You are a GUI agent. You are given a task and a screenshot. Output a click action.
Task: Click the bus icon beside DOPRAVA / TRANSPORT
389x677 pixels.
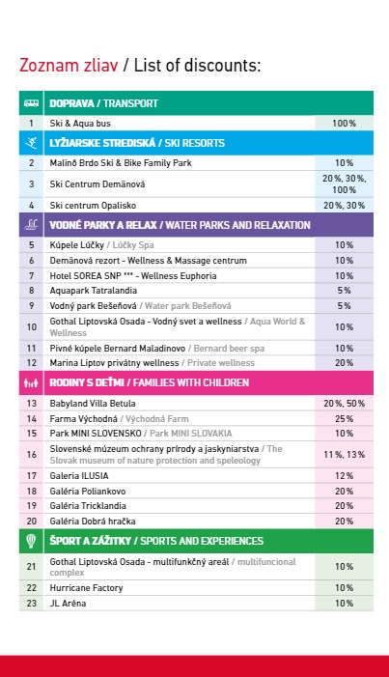[x=31, y=103]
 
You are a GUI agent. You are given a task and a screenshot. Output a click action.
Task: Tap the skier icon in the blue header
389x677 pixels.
[x=31, y=143]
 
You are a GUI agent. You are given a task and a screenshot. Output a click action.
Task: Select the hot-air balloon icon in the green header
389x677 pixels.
[x=31, y=541]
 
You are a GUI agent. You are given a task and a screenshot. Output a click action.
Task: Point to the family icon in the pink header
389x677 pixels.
[x=31, y=382]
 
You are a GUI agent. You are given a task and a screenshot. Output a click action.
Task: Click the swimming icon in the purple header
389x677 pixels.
[x=31, y=224]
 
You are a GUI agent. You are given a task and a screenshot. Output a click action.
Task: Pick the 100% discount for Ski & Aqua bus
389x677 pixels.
[x=344, y=124]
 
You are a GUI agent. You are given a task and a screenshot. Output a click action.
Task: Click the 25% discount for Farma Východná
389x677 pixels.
[x=344, y=419]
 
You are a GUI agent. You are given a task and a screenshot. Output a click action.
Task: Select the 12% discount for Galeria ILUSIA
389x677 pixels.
[x=344, y=476]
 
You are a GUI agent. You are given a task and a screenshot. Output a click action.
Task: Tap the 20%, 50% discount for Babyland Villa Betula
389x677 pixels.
[x=344, y=404]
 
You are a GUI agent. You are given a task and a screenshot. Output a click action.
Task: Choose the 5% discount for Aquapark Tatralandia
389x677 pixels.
[x=344, y=291]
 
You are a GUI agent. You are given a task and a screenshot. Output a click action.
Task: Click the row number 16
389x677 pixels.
[x=32, y=454]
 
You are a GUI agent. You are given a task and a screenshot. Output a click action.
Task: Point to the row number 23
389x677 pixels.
[x=32, y=604]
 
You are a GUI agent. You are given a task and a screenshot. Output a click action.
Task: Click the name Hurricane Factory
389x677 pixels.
[x=86, y=588]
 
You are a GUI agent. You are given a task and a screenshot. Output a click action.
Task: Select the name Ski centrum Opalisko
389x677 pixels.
[x=93, y=206]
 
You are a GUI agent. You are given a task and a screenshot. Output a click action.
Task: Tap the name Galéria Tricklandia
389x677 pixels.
[x=88, y=506]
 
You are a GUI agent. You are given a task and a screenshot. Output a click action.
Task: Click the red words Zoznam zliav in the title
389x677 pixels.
[x=69, y=66]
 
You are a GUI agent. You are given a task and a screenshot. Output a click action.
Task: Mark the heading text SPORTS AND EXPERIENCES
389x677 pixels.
[x=202, y=541]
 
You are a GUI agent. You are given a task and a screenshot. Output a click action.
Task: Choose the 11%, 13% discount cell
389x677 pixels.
[x=344, y=454]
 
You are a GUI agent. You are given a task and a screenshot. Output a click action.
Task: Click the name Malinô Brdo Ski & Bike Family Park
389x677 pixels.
[x=121, y=163]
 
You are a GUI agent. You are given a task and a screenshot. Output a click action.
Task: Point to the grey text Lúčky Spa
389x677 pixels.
[x=133, y=245]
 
